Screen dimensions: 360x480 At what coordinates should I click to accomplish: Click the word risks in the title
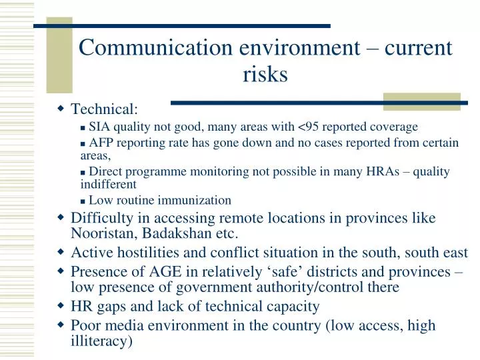[x=265, y=75]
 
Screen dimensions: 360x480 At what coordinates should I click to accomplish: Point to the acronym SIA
[x=99, y=127]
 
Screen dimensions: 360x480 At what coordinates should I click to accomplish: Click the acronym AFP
[x=101, y=143]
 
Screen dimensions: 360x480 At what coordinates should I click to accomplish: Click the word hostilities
[x=147, y=253]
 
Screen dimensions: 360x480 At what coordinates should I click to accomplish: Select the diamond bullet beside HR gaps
[x=60, y=306]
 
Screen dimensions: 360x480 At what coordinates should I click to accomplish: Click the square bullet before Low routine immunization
[x=83, y=201]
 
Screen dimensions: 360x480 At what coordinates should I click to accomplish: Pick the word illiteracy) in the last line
[x=102, y=341]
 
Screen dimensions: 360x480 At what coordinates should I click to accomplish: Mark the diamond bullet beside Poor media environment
[x=60, y=325]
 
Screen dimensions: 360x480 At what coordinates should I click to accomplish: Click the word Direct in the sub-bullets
[x=105, y=172]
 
